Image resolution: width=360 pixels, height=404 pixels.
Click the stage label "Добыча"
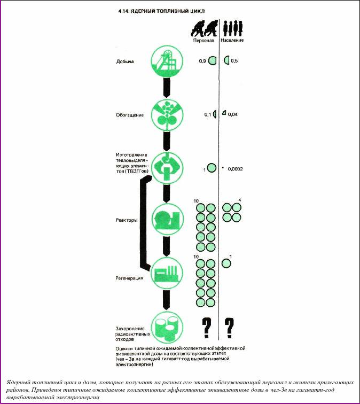coord(124,61)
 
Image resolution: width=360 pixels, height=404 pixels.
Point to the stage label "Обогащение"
coord(128,114)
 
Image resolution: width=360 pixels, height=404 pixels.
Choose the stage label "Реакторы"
coord(127,220)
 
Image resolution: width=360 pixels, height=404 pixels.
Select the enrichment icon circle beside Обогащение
coord(166,114)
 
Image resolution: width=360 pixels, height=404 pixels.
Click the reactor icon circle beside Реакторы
coord(166,218)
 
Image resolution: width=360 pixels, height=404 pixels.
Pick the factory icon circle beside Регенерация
coord(166,271)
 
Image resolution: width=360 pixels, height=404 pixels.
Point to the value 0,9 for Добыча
coord(202,61)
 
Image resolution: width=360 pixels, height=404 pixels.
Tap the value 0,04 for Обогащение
coord(233,114)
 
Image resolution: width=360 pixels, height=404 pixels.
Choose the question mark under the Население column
coord(230,328)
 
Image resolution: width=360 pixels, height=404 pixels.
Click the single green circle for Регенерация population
coord(226,262)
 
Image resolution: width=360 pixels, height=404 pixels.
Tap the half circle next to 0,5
coord(227,60)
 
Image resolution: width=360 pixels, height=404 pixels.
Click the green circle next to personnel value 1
coord(212,168)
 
